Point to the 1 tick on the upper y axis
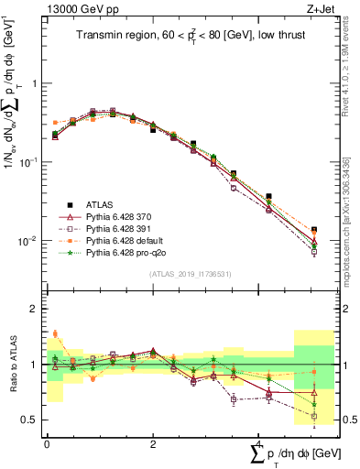click(x=35, y=83)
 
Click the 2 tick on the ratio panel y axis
click(x=35, y=309)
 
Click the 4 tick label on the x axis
click(x=259, y=443)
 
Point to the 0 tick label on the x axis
click(x=47, y=443)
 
